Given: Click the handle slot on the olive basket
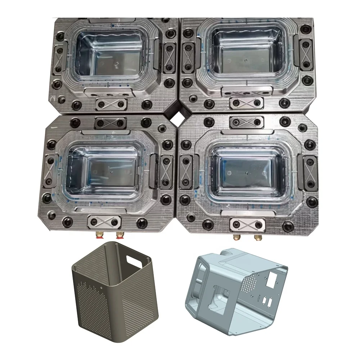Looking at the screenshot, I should (134, 259).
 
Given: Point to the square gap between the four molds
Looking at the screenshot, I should (178, 117).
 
